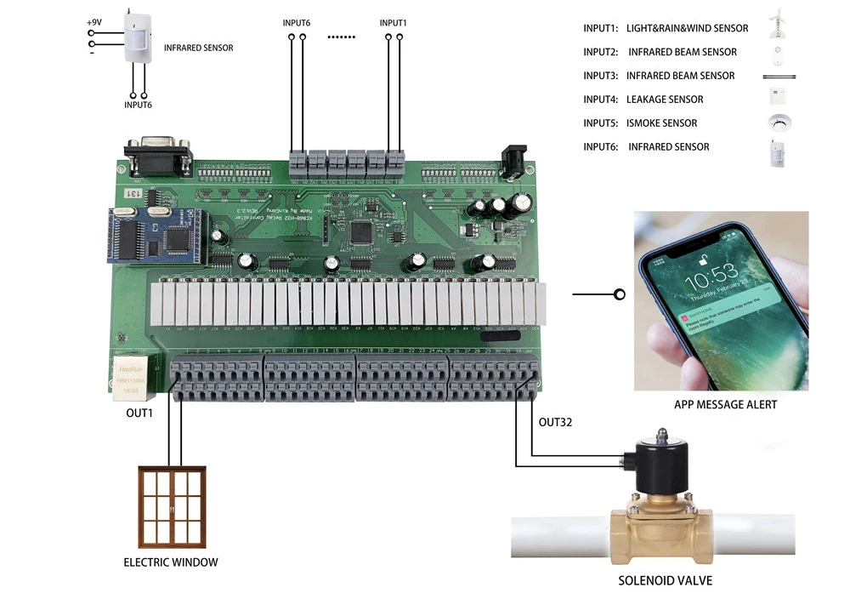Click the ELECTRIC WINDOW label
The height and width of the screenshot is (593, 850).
point(171,562)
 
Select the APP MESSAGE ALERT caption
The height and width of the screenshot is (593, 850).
point(725,404)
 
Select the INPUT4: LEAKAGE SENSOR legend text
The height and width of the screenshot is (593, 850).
point(643,100)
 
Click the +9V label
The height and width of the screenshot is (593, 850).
point(95,20)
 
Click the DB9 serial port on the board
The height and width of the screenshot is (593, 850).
point(157,154)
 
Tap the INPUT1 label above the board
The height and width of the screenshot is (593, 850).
point(393,23)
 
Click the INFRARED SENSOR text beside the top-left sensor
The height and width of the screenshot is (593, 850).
point(198,48)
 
